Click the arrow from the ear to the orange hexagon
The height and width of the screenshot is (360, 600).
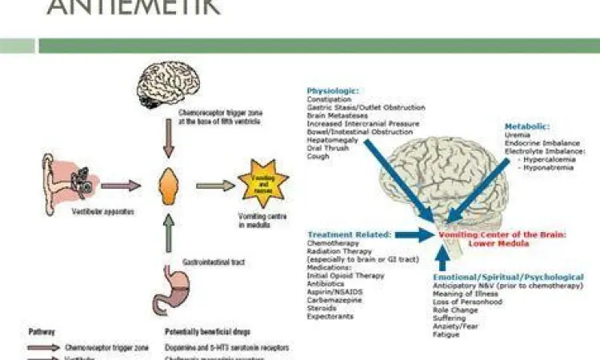point(121,186)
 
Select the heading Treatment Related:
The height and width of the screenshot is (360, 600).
point(349,234)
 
